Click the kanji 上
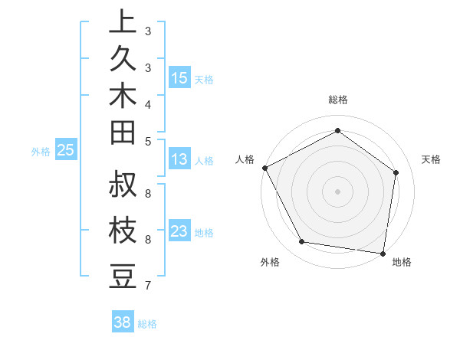(x=123, y=22)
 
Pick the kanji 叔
(x=123, y=185)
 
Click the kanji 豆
(x=123, y=277)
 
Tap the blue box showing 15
(x=179, y=78)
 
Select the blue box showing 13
(x=179, y=159)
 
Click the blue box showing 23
(x=179, y=231)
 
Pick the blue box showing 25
(x=66, y=150)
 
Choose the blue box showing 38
(x=123, y=322)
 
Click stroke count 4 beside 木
(x=148, y=104)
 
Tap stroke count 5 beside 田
(x=148, y=141)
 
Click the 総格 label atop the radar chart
(x=337, y=100)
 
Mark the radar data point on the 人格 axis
(x=264, y=168)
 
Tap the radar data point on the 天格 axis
(x=396, y=172)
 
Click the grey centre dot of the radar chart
(x=337, y=191)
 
